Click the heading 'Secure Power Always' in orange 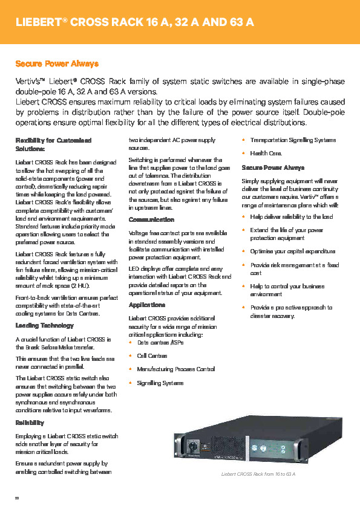57,63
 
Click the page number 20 17,498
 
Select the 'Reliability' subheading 30,423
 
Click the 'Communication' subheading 151,219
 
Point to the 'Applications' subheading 146,305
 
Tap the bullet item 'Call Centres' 152,356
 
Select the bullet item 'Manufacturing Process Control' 175,369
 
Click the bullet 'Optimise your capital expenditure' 292,251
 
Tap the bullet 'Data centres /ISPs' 160,343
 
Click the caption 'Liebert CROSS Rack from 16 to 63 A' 258,475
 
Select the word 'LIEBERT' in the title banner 38,22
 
